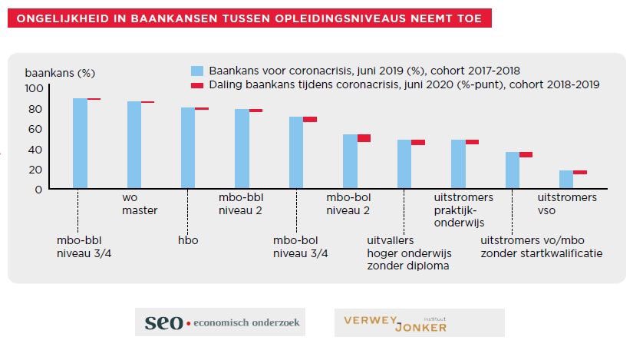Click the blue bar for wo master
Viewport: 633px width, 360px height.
134,145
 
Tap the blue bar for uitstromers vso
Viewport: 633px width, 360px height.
566,180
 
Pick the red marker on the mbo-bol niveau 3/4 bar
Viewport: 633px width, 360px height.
310,119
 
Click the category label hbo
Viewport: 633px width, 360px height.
188,240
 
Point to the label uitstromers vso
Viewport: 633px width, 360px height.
567,204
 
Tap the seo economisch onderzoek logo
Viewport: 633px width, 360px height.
220,322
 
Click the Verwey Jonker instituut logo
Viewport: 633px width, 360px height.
419,322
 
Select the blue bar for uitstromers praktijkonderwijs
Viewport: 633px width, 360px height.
458,164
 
